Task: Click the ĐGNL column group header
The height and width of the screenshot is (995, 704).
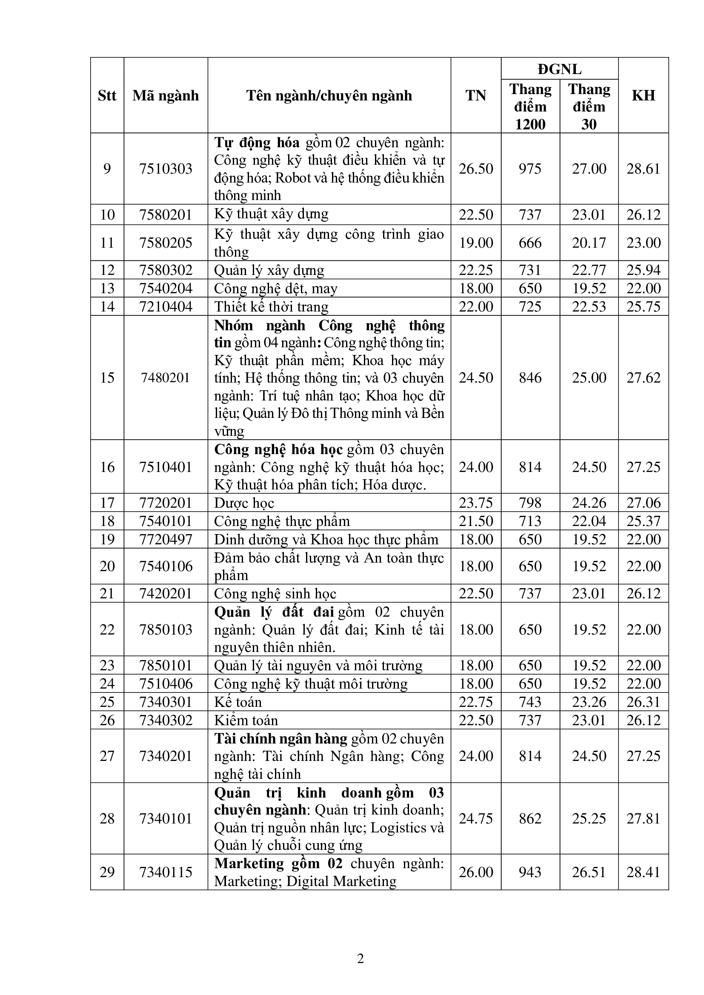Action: click(x=559, y=69)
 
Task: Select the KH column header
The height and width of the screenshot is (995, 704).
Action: click(x=643, y=95)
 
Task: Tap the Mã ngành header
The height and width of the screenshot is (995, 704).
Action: click(x=166, y=95)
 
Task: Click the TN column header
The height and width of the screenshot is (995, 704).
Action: click(x=475, y=95)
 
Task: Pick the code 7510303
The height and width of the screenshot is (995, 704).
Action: click(x=166, y=169)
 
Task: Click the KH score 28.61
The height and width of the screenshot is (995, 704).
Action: click(x=643, y=169)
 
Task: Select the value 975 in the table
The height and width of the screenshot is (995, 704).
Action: click(x=530, y=169)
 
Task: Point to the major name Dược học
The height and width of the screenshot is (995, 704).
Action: click(x=244, y=503)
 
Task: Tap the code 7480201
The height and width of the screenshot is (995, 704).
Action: click(x=166, y=377)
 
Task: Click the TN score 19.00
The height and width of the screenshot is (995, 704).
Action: click(x=475, y=243)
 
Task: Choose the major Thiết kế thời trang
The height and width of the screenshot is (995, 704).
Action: click(x=272, y=307)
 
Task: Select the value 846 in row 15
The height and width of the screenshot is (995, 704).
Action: click(x=530, y=377)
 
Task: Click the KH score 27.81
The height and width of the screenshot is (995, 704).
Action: click(x=643, y=818)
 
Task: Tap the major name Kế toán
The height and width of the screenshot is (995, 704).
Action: click(x=238, y=702)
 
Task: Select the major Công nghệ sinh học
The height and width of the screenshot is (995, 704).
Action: click(x=275, y=593)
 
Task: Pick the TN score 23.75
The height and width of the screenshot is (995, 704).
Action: click(x=475, y=503)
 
